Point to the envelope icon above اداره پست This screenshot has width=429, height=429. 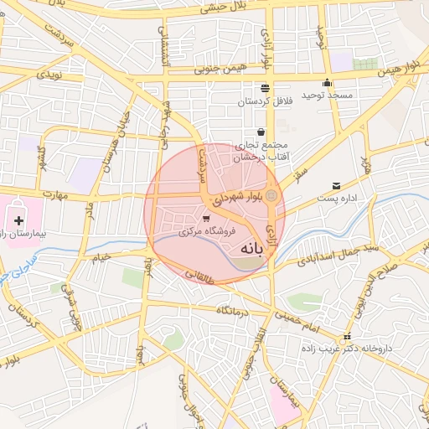tap(337, 185)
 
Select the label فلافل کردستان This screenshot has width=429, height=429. tap(265, 101)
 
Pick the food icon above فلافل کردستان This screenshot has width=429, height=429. tap(266, 87)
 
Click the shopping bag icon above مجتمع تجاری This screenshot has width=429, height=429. tap(261, 132)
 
